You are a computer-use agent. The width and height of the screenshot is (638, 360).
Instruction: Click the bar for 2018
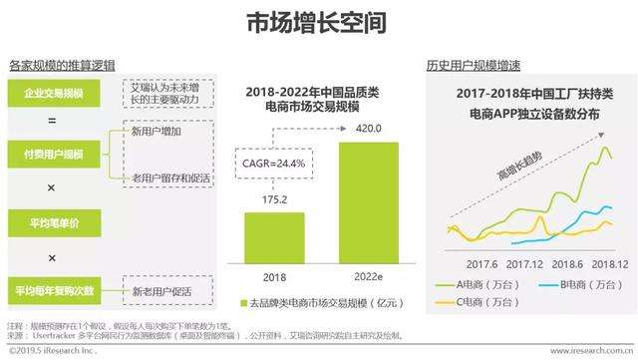(x=275, y=237)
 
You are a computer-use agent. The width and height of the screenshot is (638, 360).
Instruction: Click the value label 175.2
(x=275, y=200)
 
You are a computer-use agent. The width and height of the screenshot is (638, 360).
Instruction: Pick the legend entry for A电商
(x=479, y=283)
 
